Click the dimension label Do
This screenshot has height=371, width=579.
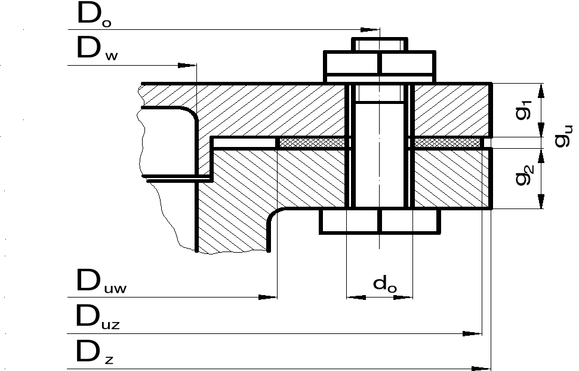click(x=94, y=17)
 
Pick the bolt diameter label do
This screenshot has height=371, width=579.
click(x=384, y=284)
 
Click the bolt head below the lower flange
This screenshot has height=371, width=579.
click(x=380, y=221)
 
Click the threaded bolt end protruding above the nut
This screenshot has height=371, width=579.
click(x=380, y=45)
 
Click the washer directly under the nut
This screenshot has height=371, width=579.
click(x=380, y=78)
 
